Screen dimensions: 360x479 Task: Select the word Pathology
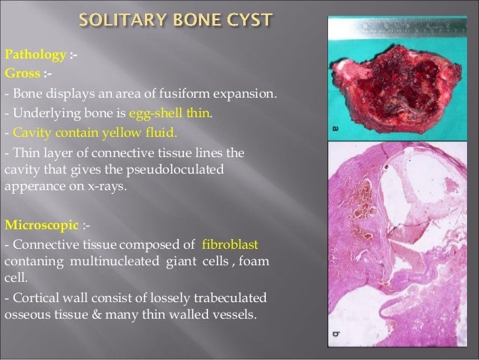(29, 55)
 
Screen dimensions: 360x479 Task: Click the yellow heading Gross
(19, 75)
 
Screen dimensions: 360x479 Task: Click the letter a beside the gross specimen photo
(334, 130)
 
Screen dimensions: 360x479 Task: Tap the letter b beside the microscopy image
(334, 331)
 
